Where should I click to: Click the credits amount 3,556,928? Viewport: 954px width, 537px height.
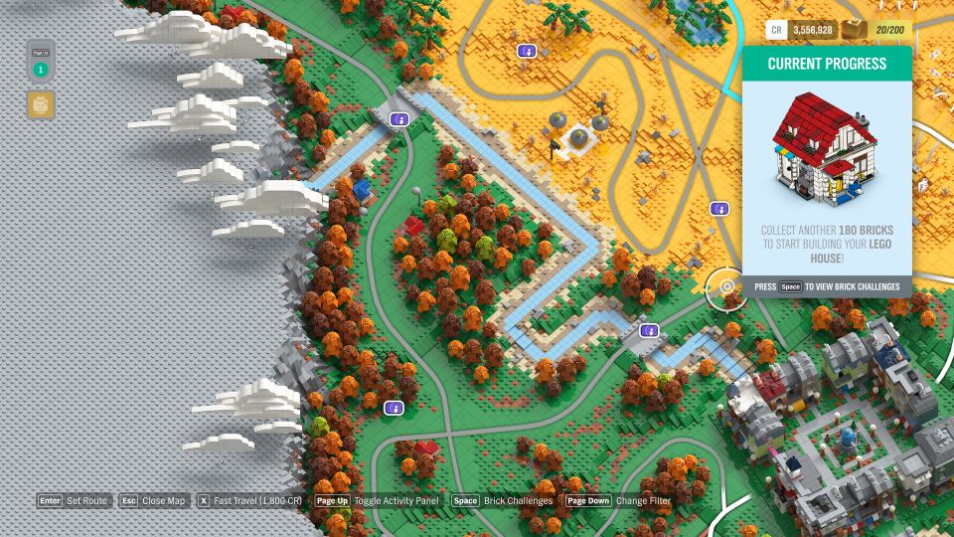point(812,30)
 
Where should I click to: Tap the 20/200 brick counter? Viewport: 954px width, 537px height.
point(889,30)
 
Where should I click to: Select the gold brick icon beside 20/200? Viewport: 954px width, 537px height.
point(854,30)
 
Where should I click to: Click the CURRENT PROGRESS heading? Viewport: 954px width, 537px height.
point(827,64)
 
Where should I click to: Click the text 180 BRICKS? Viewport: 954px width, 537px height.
point(866,231)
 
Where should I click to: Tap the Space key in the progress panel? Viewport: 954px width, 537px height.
point(790,287)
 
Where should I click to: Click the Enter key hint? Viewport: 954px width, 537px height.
point(50,501)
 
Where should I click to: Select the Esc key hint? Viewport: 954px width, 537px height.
point(128,501)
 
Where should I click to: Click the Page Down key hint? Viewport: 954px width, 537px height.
point(588,501)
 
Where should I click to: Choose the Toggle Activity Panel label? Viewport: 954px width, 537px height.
point(396,501)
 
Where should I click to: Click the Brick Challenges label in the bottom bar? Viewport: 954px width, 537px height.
point(518,501)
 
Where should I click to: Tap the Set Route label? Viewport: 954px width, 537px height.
point(87,501)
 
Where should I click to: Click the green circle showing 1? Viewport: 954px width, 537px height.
point(40,70)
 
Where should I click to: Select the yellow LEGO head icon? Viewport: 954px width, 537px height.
point(41,104)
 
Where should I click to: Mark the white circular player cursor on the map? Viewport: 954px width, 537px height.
point(726,287)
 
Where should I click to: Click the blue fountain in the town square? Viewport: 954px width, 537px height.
point(847,437)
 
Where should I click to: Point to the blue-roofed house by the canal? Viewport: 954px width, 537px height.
point(361,189)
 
